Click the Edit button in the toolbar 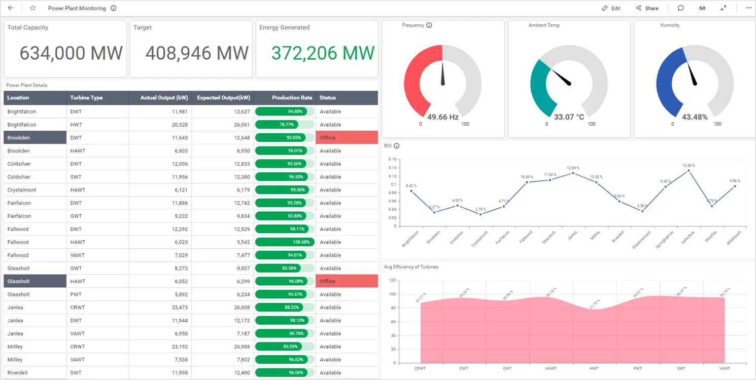pos(611,8)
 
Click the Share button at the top pos(647,8)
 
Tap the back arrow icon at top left pos(11,8)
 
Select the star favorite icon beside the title pos(32,8)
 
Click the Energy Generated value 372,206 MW pos(323,53)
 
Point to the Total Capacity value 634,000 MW pos(71,53)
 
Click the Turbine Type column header pos(86,98)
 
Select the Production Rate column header pos(292,98)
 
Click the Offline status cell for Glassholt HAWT pos(347,281)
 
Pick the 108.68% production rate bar pos(285,242)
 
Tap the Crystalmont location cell pos(22,190)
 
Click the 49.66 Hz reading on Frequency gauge pos(442,117)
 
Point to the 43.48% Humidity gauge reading pos(695,117)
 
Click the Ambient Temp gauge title pos(544,25)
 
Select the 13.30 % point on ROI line pos(689,171)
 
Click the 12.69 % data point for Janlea pos(573,173)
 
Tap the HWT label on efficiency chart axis pos(594,368)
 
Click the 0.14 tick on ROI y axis pos(392,159)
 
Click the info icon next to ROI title pos(397,146)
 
